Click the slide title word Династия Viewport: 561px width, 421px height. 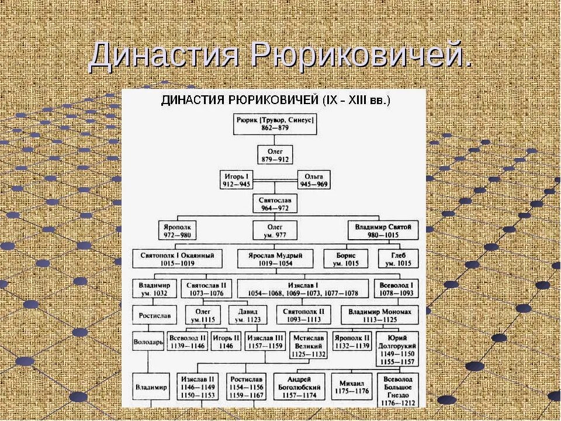164,57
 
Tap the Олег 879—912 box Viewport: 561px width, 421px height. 275,154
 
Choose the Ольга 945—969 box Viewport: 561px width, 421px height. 314,180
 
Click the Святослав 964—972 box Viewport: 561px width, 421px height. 275,203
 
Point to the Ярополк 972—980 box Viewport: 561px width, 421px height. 178,230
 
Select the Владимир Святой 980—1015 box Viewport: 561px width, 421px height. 383,230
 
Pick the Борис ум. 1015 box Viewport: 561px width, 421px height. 347,259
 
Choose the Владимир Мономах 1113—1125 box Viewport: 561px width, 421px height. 380,316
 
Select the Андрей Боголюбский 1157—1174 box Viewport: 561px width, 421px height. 299,387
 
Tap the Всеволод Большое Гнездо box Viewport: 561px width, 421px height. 397,391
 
